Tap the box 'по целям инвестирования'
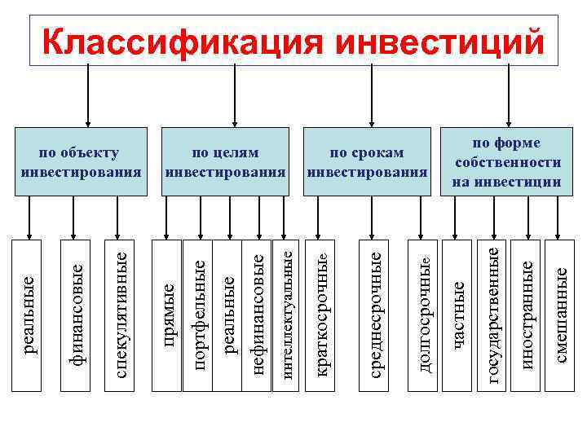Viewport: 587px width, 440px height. [x=226, y=161]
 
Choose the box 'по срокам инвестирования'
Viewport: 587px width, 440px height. [x=367, y=161]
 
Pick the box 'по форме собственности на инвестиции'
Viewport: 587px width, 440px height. [x=507, y=161]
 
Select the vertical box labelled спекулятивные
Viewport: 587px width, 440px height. [x=121, y=315]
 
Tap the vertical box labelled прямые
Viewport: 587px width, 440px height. [x=168, y=315]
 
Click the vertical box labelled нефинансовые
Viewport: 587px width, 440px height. [x=258, y=315]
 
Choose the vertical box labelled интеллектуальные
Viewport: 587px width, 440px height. [x=286, y=315]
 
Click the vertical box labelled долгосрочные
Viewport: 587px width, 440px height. [x=426, y=315]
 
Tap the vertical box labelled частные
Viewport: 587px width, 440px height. [x=458, y=315]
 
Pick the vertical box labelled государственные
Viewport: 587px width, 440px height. [x=492, y=315]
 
